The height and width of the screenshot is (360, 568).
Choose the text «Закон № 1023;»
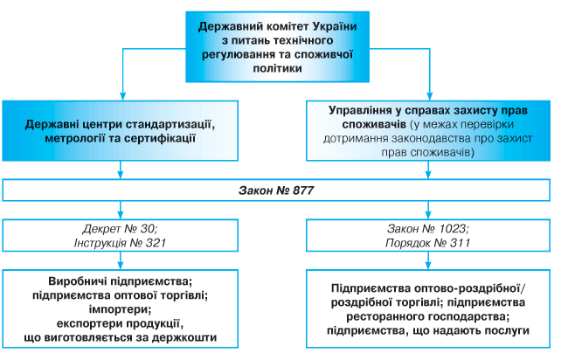(x=429, y=227)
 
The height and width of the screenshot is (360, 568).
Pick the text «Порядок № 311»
(x=429, y=241)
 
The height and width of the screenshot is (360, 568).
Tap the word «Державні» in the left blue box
(x=50, y=124)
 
